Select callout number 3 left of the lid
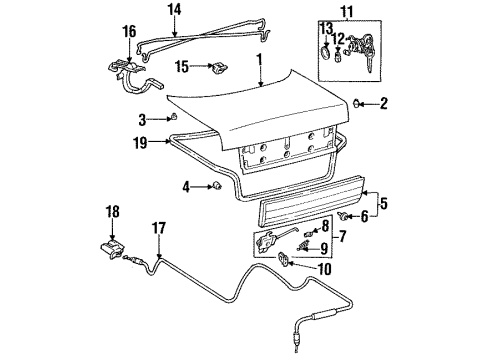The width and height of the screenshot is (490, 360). pyautogui.click(x=144, y=119)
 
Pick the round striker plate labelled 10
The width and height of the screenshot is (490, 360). pyautogui.click(x=284, y=261)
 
